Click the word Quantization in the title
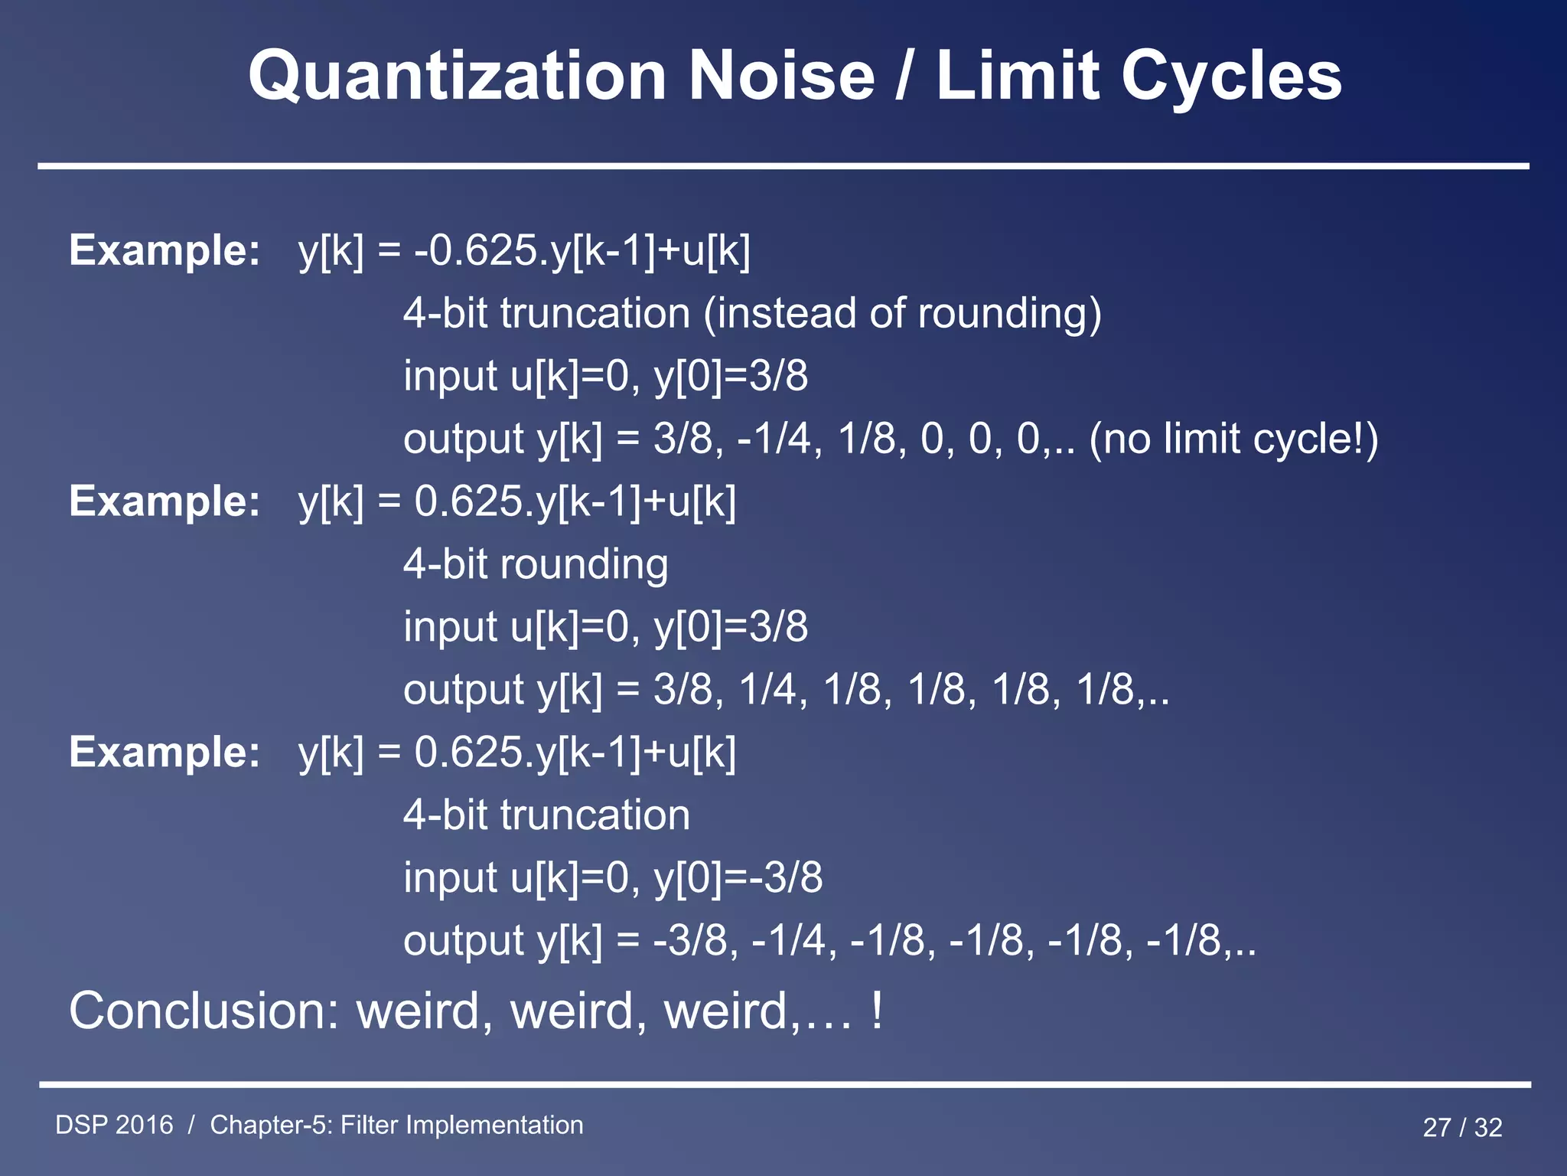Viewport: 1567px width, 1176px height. point(457,77)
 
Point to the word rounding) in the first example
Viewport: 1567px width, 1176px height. point(1009,313)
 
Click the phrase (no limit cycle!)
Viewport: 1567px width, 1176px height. point(1233,439)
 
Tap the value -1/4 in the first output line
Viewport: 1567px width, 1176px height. point(774,439)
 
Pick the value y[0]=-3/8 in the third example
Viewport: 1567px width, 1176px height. point(738,877)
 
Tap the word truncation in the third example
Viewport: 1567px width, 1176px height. point(595,815)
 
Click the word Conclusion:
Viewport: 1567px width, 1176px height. point(204,1011)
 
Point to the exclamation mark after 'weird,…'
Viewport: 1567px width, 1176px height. point(877,1011)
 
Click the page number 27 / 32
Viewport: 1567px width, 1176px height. point(1462,1127)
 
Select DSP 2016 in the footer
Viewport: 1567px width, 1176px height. point(114,1125)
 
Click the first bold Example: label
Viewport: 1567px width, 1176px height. point(165,250)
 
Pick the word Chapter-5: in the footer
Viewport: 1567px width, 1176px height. point(271,1125)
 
